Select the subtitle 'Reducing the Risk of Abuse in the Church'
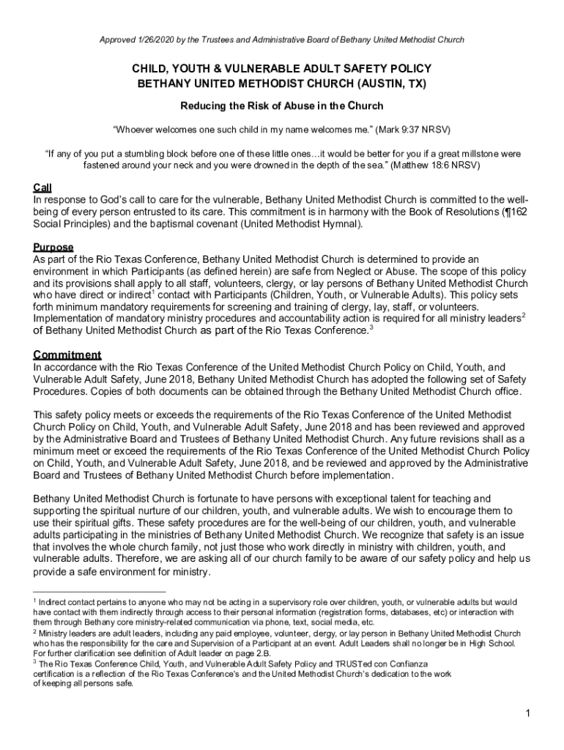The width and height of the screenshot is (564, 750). tap(282, 106)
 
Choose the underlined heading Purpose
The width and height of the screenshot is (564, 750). tap(53, 247)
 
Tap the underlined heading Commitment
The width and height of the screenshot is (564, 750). tap(67, 354)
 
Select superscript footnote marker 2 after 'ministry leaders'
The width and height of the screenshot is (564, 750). tap(522, 315)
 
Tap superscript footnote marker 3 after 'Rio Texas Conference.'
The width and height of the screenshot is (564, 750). tap(371, 327)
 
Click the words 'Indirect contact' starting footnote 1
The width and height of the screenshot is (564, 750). tap(66, 602)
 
